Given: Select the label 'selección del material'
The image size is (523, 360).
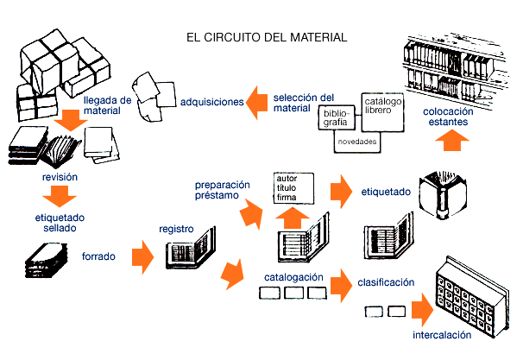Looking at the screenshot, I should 302,103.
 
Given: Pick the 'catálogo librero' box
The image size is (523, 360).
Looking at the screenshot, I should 383,107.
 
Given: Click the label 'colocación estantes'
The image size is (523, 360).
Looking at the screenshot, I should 447,117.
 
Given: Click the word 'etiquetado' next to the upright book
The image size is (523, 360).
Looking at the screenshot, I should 386,193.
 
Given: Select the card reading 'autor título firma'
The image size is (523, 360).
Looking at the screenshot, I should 292,188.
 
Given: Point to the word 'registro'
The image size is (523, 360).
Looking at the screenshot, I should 176,230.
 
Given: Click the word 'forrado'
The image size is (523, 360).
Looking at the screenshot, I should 99,256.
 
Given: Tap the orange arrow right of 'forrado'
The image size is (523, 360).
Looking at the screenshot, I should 142,256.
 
